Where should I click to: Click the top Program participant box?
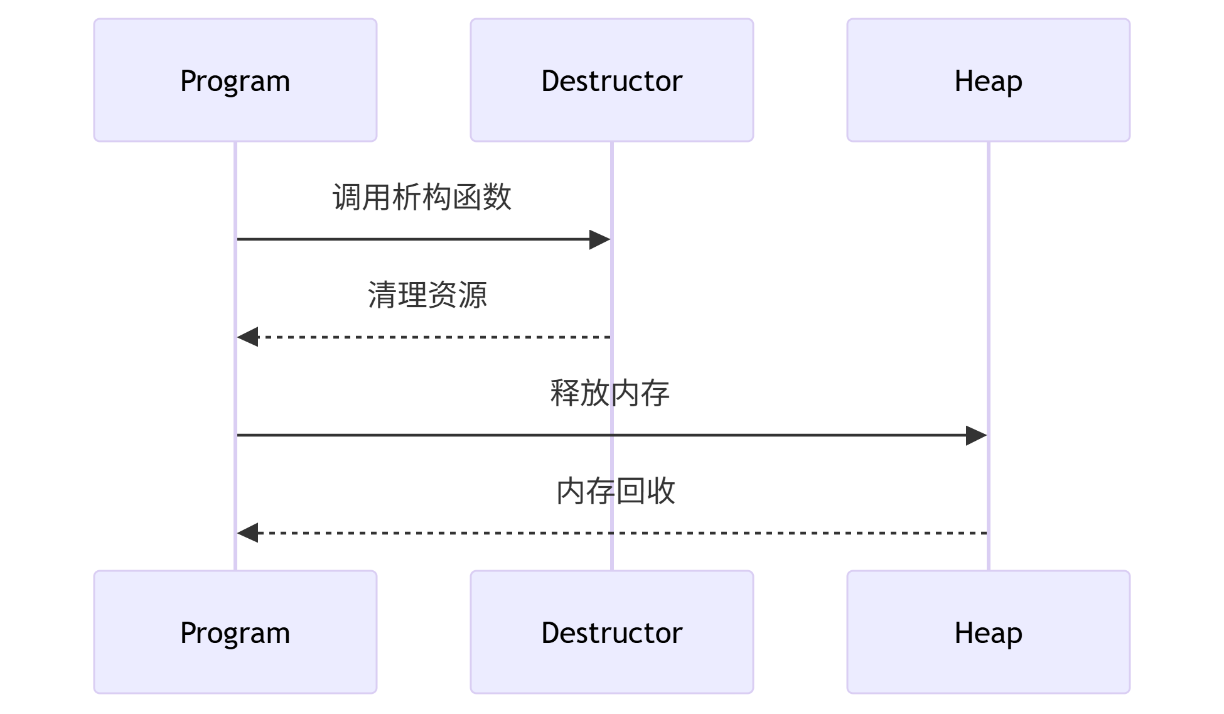(x=235, y=80)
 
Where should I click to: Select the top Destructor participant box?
(x=612, y=80)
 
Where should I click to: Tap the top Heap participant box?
(x=989, y=80)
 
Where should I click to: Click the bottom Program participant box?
(x=235, y=632)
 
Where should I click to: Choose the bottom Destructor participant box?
(x=612, y=632)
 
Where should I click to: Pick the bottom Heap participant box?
(x=989, y=632)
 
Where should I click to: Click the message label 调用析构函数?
(x=422, y=197)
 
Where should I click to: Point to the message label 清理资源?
(x=427, y=295)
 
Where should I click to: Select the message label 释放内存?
(x=609, y=393)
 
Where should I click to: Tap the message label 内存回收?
(x=615, y=491)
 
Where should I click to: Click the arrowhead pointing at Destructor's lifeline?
(x=600, y=239)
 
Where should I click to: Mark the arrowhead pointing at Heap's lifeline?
(x=976, y=435)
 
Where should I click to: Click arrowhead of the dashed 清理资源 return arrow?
(x=247, y=337)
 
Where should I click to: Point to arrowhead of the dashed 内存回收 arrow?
(x=247, y=533)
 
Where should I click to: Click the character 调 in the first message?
(x=347, y=197)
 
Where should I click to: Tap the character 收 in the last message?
(x=661, y=491)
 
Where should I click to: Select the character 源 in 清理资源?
(x=473, y=295)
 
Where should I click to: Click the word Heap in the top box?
(x=989, y=81)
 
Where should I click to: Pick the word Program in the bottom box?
(x=235, y=633)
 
